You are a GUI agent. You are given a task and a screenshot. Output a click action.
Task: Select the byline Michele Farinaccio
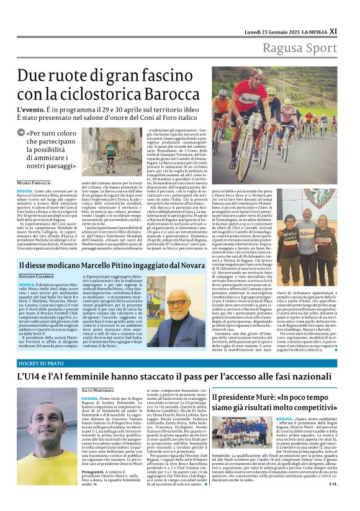click(x=34, y=183)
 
